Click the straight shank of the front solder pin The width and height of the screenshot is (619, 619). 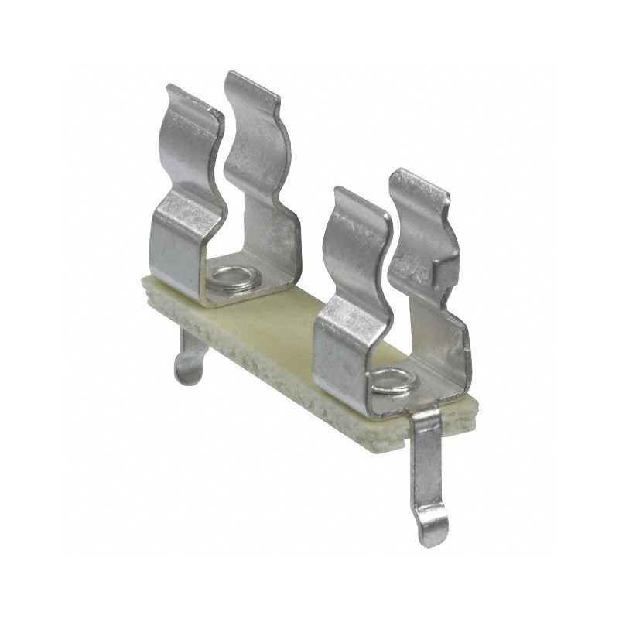click(x=426, y=464)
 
